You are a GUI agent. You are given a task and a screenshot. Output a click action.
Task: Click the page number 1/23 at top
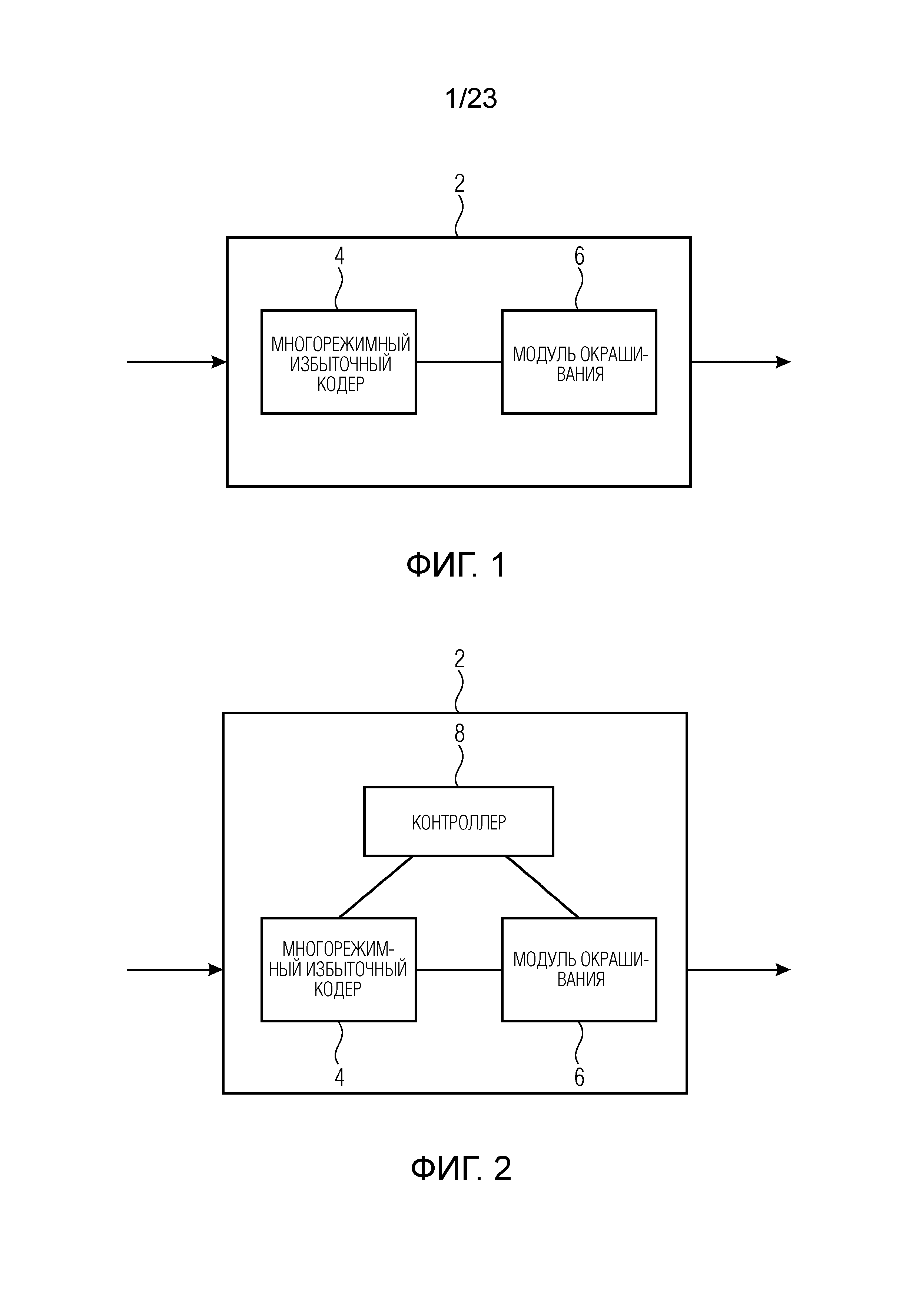471,98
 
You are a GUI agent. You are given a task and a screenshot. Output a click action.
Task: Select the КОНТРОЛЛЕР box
458,821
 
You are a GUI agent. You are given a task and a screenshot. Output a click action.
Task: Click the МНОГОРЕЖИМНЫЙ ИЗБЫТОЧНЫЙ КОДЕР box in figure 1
339,362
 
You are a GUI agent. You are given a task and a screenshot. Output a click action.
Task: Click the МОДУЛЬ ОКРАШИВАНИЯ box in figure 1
579,362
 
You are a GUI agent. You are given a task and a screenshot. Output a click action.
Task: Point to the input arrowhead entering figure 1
219,362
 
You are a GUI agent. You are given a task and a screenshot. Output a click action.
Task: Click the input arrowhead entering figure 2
216,970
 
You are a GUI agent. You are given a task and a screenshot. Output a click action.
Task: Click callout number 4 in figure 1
339,256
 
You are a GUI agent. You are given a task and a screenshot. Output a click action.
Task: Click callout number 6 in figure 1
579,256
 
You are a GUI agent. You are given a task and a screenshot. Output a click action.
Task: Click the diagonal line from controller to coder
376,886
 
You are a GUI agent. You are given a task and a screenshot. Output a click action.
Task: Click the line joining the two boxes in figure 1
459,362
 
